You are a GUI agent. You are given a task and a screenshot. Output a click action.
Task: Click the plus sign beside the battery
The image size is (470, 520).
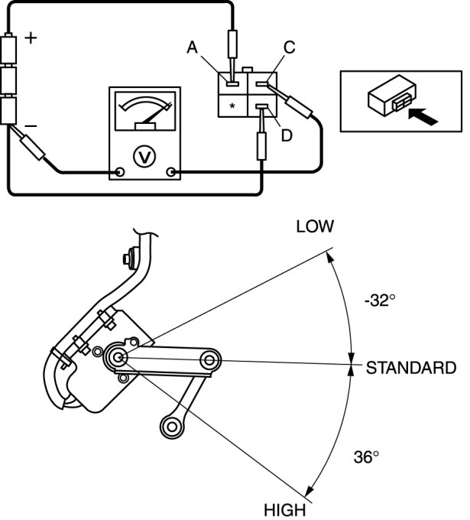pyautogui.click(x=31, y=39)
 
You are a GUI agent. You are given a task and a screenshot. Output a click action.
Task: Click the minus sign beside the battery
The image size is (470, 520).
pyautogui.click(x=31, y=124)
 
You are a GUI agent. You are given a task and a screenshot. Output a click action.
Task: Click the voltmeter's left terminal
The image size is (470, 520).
pyautogui.click(x=119, y=172)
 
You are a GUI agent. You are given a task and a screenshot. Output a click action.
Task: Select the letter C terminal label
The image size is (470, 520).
pyautogui.click(x=288, y=47)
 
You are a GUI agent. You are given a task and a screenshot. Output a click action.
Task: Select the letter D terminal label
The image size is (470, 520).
pyautogui.click(x=287, y=135)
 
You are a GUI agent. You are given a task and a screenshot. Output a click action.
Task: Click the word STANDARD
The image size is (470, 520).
pyautogui.click(x=411, y=368)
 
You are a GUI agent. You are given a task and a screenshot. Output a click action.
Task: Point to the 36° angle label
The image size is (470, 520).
pyautogui.click(x=365, y=457)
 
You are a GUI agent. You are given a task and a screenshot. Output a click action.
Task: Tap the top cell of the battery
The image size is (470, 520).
pyautogui.click(x=11, y=51)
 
